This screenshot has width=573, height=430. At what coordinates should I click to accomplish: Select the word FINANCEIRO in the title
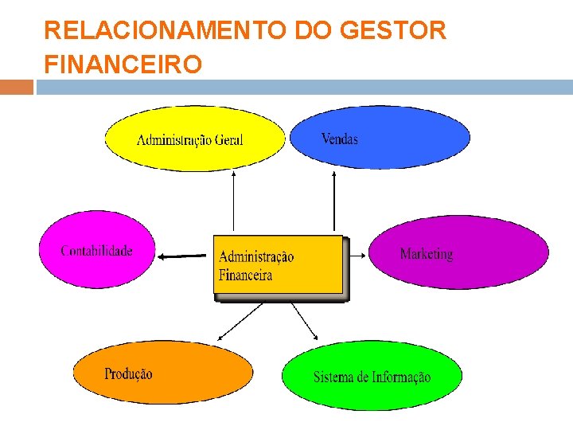(123, 64)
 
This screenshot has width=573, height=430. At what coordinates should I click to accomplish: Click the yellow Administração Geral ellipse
(194, 139)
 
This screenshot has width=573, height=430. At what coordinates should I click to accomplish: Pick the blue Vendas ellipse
(380, 138)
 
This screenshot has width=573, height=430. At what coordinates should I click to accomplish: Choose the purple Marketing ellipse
(458, 252)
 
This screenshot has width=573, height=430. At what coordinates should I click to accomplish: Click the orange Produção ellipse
(162, 373)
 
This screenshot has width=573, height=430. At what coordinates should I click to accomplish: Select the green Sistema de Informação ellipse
(372, 376)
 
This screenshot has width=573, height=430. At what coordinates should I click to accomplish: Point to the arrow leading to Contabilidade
(185, 256)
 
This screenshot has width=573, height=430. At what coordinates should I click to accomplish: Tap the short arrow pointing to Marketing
(356, 255)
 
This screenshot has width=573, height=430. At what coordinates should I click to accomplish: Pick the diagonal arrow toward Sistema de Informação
(304, 321)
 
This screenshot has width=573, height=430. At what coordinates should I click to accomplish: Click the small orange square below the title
(17, 86)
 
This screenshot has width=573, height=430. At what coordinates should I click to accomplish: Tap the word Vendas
(340, 139)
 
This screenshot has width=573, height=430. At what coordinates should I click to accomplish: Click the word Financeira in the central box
(245, 276)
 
